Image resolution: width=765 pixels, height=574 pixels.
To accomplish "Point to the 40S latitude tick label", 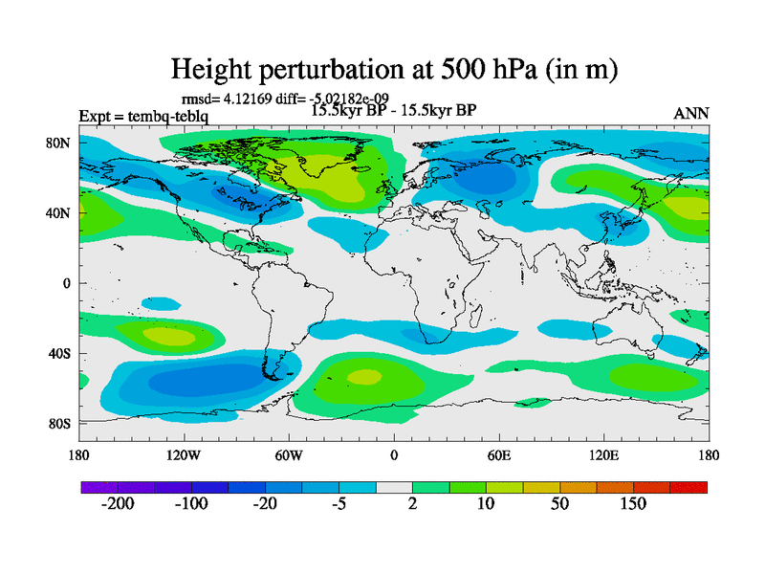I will pos(60,353).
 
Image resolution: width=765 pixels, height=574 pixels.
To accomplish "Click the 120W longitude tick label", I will pos(183,454).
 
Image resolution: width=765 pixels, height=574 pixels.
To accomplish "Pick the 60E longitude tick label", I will pos(498,454).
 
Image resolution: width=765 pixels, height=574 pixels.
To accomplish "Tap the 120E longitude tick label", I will pos(603,454).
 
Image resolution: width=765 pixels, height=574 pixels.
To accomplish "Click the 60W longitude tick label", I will pos(288,454).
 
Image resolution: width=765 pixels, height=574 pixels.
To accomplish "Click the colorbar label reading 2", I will pos(413,504).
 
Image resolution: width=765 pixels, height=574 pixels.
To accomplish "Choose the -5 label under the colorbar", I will pos(339,504).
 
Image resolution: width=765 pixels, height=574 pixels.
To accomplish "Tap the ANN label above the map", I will pos(691,113).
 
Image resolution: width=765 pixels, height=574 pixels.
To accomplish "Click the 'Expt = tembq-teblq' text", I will pos(143,117).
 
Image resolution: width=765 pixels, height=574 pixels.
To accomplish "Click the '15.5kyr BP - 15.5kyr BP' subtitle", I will pos(394,109).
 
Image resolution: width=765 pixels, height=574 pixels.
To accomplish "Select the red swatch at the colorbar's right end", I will pos(688,488).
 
